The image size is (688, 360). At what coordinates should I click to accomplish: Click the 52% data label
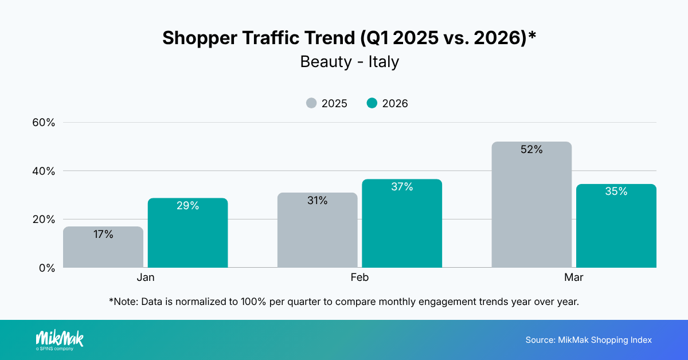(531, 150)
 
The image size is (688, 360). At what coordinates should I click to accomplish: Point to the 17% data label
(103, 234)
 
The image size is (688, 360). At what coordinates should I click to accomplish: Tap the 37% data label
(402, 187)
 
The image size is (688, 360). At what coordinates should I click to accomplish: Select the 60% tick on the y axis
(43, 123)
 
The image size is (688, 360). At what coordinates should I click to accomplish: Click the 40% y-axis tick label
(43, 171)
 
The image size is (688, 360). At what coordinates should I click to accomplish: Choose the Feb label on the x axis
(359, 277)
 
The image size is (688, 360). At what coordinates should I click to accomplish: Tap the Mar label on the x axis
(574, 277)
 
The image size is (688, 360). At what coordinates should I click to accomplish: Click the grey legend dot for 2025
(311, 103)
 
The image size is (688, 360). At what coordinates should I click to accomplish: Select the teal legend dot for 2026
(372, 103)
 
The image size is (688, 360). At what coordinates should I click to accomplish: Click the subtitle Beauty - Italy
(349, 62)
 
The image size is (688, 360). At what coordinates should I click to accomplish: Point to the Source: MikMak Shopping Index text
(588, 340)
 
